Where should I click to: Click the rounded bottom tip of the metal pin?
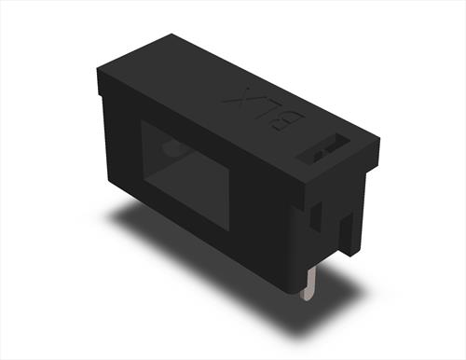pos(307,297)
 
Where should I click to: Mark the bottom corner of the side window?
pos(226,228)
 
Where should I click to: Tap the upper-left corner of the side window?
pos(142,121)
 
